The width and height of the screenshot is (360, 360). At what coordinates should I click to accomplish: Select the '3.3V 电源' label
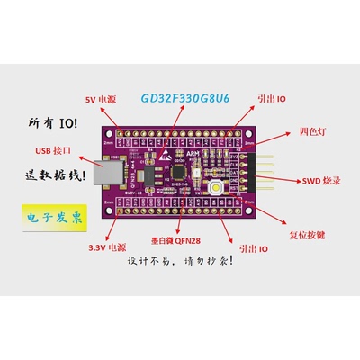coord(107,247)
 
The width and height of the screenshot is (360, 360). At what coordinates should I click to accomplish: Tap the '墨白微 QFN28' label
coord(176,242)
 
